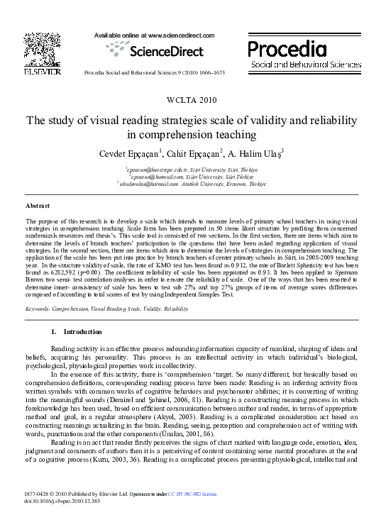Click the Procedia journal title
point(287,48)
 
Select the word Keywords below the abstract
point(39,309)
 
